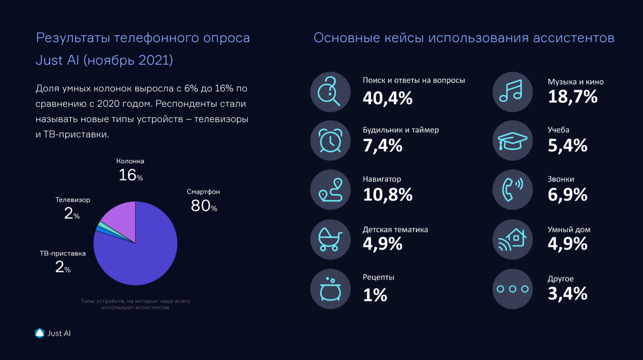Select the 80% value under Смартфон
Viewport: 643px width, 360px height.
204,206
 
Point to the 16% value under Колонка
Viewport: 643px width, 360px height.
130,175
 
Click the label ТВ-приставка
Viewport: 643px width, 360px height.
63,253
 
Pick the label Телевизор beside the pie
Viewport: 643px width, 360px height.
73,200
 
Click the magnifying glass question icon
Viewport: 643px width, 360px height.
330,92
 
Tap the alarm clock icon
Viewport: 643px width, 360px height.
330,141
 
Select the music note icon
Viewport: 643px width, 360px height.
512,92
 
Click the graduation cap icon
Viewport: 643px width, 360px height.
512,141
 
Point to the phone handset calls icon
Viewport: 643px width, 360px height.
512,190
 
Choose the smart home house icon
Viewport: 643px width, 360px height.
512,239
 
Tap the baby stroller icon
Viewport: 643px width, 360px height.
330,239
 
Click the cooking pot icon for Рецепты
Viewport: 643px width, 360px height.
330,289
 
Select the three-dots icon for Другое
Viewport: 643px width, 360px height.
512,289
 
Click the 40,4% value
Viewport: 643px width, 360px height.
387,98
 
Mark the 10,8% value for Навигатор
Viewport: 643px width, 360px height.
387,195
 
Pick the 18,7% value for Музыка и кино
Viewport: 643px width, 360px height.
572,97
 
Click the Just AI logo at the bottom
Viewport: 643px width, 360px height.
53,333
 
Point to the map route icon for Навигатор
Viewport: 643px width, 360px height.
330,190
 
